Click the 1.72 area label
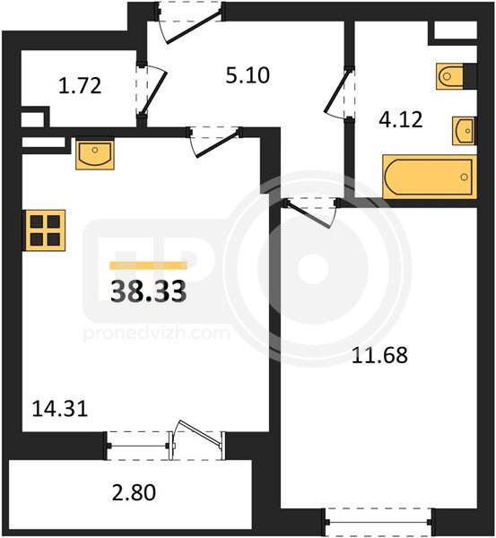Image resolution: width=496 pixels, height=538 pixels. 80,86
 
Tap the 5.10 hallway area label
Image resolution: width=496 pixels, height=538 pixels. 248,75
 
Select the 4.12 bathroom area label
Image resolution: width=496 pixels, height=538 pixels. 401,120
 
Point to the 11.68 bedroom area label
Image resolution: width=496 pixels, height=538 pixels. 380,355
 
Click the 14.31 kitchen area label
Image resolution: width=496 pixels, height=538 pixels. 60,409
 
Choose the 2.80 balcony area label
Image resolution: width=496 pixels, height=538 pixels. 135,492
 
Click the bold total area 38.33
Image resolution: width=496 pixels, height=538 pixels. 149,291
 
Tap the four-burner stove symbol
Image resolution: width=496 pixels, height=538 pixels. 44,230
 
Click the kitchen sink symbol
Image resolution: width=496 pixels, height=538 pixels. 95,153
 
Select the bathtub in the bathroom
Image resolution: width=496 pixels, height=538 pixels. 430,177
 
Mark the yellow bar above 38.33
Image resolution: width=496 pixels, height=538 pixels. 149,265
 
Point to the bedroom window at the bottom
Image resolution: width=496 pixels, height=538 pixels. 379,523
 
